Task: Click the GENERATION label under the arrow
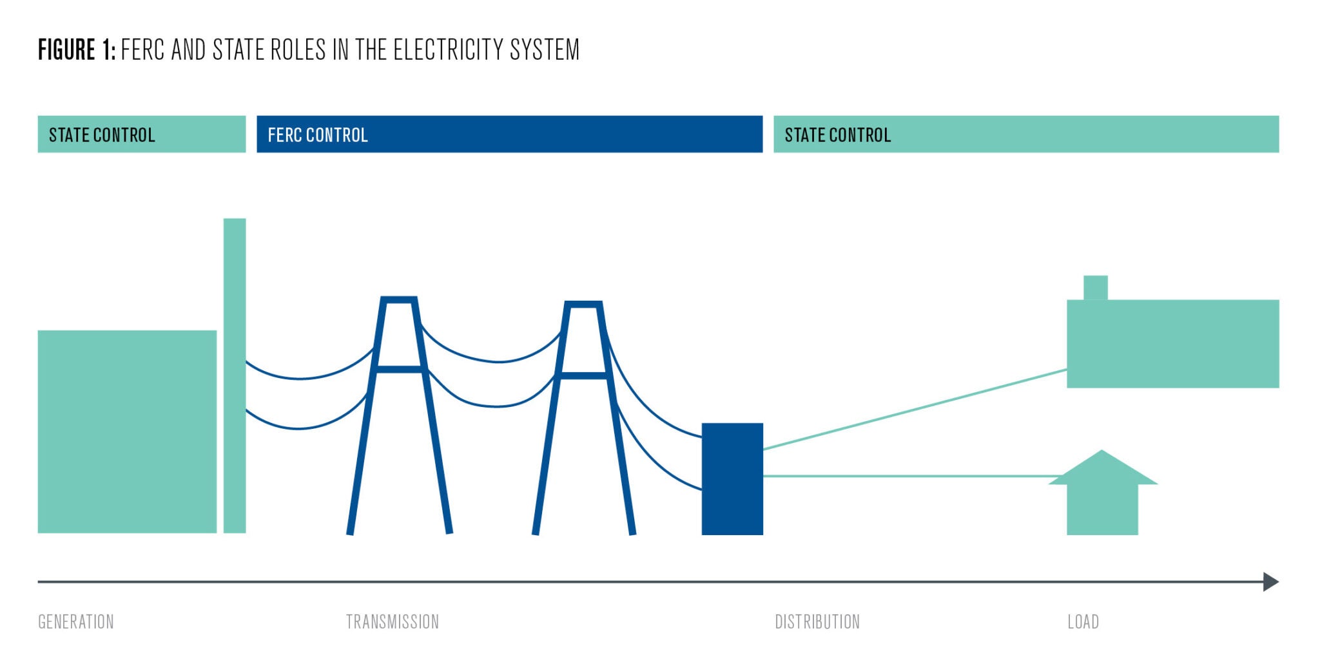tap(76, 621)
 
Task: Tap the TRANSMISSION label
tap(392, 621)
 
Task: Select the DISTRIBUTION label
tap(817, 621)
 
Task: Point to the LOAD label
tap(1083, 621)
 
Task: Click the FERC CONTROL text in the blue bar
tap(317, 135)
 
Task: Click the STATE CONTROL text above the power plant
tap(102, 135)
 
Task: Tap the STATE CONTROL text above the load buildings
tap(837, 135)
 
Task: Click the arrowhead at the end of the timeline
tap(1270, 581)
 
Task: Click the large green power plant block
tap(127, 431)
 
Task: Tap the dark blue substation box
tap(732, 478)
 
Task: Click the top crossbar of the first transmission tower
tap(399, 299)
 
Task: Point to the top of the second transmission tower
tap(583, 304)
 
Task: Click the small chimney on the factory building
tap(1095, 287)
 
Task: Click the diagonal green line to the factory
tap(915, 409)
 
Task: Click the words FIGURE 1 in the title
tap(76, 50)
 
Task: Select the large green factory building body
tap(1172, 344)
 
